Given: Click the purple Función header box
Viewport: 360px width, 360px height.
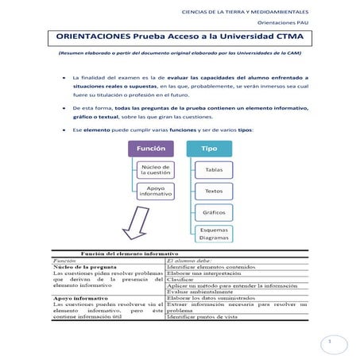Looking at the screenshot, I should tap(151, 149).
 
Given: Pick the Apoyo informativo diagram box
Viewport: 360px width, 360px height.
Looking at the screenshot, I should tap(155, 192).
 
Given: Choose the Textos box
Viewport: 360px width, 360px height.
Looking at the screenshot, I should tap(213, 192).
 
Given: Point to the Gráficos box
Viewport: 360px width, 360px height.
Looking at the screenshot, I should tap(213, 213).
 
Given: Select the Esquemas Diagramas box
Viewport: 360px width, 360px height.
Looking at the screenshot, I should tap(213, 234).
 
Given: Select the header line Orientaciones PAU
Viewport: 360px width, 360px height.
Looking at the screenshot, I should tap(287, 23).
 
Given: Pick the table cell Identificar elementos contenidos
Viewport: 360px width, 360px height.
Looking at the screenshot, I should tap(208, 266).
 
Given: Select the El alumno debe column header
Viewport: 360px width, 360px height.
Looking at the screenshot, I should tap(190, 259).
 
